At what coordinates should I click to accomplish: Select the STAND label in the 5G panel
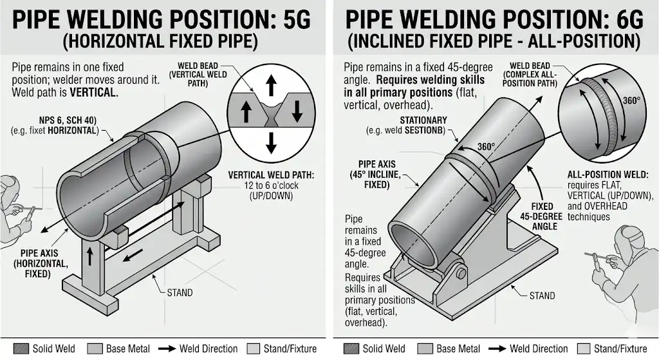[180, 292]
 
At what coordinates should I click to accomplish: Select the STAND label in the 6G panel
[542, 296]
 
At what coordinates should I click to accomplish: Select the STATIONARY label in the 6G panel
[423, 120]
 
